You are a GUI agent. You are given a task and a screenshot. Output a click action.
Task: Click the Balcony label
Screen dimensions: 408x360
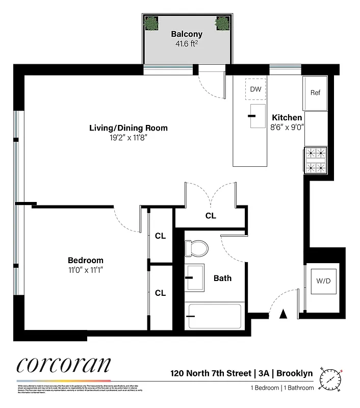(187, 34)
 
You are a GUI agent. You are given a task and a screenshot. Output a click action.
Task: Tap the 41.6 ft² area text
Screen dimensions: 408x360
(187, 44)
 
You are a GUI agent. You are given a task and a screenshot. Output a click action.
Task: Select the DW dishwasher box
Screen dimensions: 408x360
(255, 89)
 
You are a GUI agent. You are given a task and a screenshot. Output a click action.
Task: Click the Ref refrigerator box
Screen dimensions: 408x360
(315, 93)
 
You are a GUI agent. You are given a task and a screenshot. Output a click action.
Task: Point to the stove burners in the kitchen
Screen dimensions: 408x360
(315, 161)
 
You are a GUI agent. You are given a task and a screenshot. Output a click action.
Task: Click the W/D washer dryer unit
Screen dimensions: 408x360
(324, 281)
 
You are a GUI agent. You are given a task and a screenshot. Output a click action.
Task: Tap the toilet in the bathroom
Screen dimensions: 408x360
(196, 248)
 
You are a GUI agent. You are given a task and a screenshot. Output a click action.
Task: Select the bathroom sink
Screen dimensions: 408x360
(194, 277)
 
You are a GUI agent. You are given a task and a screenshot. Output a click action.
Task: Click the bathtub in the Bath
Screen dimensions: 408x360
(214, 317)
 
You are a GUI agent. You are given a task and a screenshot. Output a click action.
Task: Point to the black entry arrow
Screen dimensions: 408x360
(284, 315)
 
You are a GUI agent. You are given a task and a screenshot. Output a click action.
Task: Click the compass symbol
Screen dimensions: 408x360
(330, 379)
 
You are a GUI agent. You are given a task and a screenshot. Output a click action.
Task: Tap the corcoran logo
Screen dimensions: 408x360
(63, 366)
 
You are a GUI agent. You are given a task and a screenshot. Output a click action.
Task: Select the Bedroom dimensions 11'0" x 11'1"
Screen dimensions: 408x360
(86, 270)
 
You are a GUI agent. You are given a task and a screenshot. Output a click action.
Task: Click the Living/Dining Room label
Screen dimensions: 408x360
(128, 128)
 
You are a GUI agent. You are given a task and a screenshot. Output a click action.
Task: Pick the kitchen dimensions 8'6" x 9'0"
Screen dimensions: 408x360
(287, 128)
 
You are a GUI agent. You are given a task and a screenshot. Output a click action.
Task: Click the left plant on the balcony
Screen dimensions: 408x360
(150, 23)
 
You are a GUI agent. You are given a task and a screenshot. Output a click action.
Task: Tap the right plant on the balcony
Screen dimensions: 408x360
(222, 23)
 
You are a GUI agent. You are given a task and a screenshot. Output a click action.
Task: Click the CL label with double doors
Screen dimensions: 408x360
(211, 216)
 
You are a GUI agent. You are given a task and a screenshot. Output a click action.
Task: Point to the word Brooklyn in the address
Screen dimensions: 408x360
(295, 373)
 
